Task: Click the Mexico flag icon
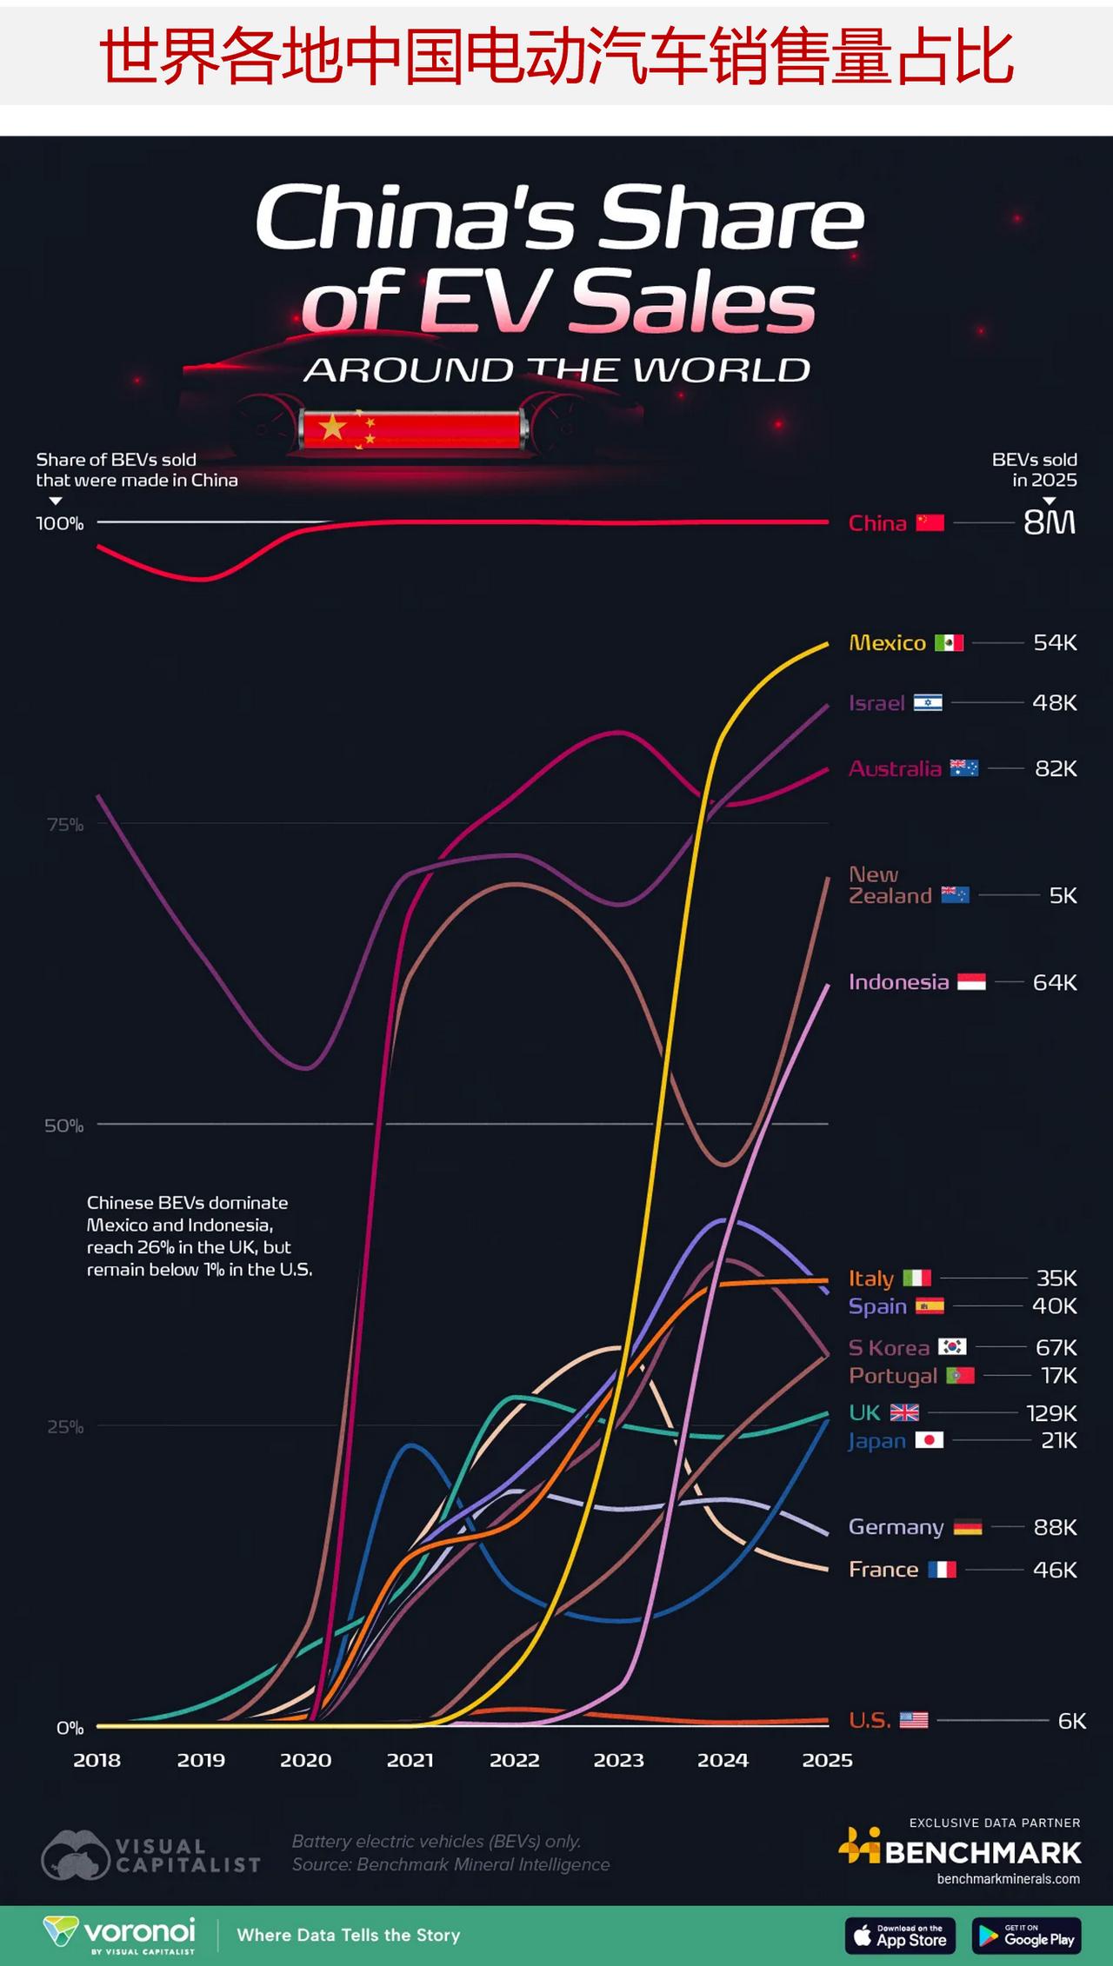(x=949, y=642)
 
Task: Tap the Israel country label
(x=876, y=702)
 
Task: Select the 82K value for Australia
(x=1056, y=768)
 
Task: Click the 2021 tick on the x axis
(x=410, y=1760)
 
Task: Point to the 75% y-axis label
(x=65, y=824)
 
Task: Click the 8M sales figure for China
(x=1049, y=522)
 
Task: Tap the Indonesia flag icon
(x=971, y=982)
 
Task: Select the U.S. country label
(x=870, y=1720)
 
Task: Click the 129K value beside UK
(x=1051, y=1412)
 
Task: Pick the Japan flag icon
(x=930, y=1440)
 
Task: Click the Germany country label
(x=896, y=1527)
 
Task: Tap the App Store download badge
(x=900, y=1936)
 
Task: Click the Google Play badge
(x=1027, y=1936)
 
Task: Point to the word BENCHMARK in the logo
(x=983, y=1852)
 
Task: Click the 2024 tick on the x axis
(x=723, y=1760)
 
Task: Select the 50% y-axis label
(x=65, y=1126)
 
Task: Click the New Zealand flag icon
(x=955, y=895)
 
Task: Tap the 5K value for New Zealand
(x=1063, y=895)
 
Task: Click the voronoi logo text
(x=139, y=1930)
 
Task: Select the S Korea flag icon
(x=952, y=1347)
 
